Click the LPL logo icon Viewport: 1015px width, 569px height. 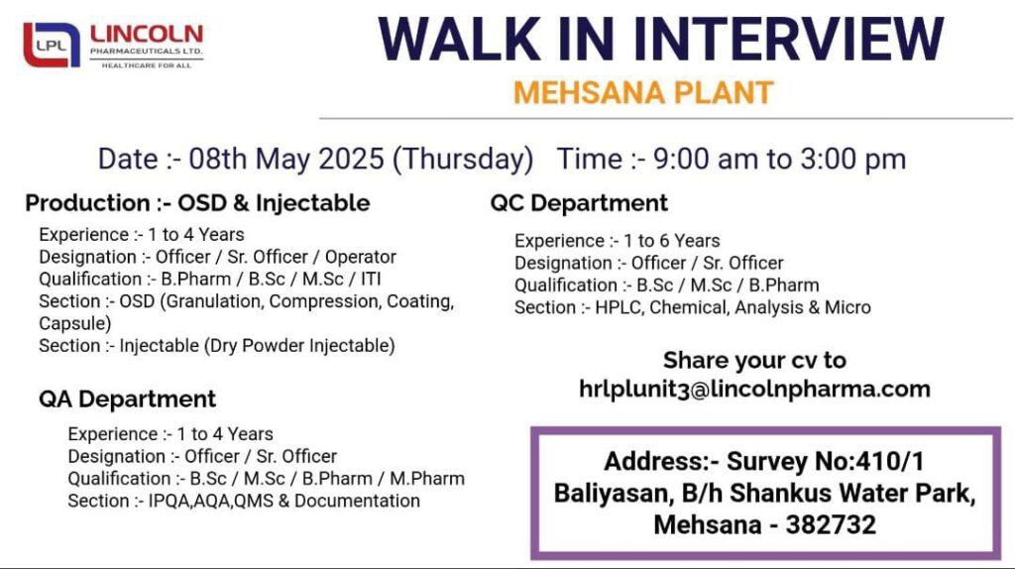52,45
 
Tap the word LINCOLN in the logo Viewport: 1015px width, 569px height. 147,35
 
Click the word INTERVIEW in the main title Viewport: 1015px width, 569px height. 789,40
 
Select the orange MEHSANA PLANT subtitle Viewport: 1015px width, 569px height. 643,92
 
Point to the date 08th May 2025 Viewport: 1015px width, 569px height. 286,160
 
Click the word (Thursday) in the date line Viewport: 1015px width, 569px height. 463,160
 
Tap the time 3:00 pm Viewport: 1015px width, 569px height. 852,160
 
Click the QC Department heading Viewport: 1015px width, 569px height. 579,203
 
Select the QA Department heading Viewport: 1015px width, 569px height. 127,398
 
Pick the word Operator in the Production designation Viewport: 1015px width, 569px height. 361,257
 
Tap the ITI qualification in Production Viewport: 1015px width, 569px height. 371,279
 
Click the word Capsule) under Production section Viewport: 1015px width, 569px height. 75,324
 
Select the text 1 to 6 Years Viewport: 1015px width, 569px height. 671,241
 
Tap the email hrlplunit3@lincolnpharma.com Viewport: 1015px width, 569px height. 754,389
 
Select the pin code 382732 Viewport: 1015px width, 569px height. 832,524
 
